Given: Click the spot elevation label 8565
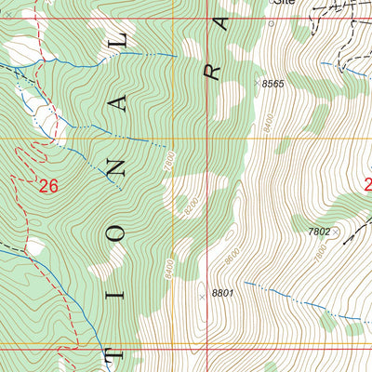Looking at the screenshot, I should tap(273, 85).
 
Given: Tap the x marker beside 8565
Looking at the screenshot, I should tap(256, 84).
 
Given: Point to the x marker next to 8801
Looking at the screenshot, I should tap(203, 297).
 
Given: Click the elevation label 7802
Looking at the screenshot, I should tap(319, 232).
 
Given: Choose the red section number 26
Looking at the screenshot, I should tap(48, 186).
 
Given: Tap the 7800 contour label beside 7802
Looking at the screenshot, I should tap(321, 251).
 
